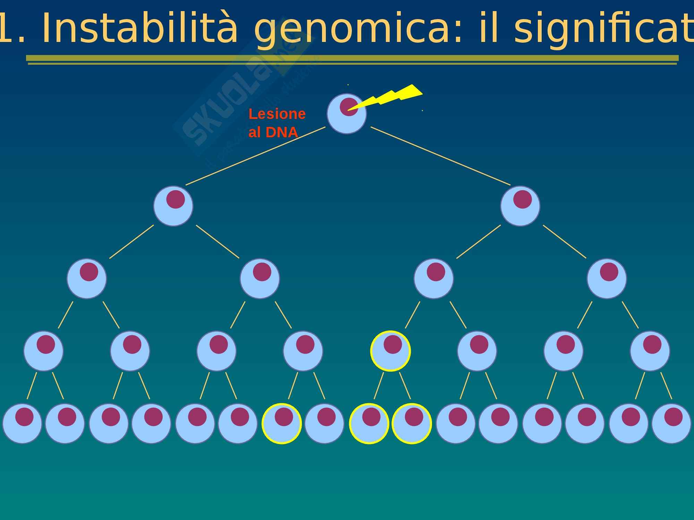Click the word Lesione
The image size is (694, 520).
click(x=277, y=114)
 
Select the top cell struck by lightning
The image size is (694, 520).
click(x=346, y=114)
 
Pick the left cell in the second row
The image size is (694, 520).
click(x=173, y=206)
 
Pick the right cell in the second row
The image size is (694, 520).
click(x=520, y=206)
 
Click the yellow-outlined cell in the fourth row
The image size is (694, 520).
click(x=390, y=351)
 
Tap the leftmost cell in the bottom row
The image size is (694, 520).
click(x=22, y=423)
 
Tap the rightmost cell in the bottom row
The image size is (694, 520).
click(x=671, y=423)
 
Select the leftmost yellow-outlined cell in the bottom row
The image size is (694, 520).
click(x=281, y=423)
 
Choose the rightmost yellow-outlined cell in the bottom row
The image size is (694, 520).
click(x=412, y=423)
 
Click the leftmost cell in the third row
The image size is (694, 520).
click(x=87, y=278)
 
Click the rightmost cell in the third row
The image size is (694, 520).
click(x=607, y=278)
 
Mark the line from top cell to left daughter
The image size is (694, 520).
click(x=255, y=156)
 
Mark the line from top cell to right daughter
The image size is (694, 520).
click(x=441, y=156)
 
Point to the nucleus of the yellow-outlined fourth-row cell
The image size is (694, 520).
click(x=392, y=344)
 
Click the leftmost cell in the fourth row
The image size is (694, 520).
click(x=43, y=351)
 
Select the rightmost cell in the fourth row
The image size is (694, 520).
click(x=650, y=351)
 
